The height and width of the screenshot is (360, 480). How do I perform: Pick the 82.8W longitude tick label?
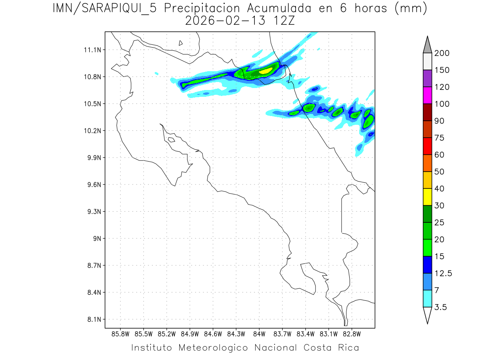352,334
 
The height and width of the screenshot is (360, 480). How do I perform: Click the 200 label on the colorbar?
442,54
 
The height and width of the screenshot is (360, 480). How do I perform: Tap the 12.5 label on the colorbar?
443,274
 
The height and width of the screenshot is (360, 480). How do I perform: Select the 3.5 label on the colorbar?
440,307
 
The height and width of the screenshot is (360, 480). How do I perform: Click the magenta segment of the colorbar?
427,95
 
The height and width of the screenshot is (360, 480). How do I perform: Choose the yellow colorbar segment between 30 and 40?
427,197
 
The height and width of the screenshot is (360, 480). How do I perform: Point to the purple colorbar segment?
427,78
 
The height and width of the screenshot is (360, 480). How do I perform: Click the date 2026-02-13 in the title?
225,21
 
